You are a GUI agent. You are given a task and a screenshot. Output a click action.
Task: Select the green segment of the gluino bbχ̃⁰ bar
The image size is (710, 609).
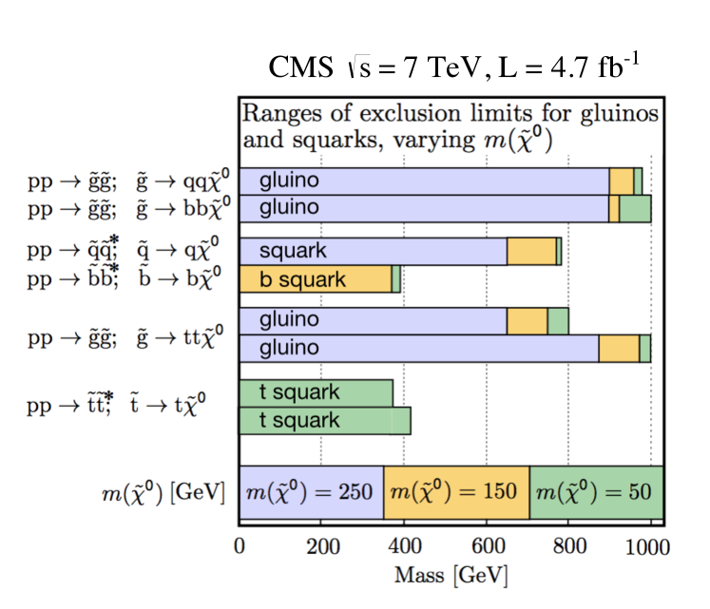click(635, 207)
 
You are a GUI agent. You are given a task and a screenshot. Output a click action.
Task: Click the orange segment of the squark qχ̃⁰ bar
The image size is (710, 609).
click(531, 251)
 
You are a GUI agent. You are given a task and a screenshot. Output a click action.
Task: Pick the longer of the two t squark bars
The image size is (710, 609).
click(324, 420)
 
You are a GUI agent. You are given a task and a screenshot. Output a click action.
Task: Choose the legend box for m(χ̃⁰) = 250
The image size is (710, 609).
click(311, 492)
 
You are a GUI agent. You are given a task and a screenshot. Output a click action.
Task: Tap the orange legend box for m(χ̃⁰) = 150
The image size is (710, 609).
click(456, 492)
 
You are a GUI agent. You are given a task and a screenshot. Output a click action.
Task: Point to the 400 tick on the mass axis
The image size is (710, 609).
click(403, 548)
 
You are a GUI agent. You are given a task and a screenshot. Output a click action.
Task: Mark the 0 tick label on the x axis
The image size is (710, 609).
click(240, 548)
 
